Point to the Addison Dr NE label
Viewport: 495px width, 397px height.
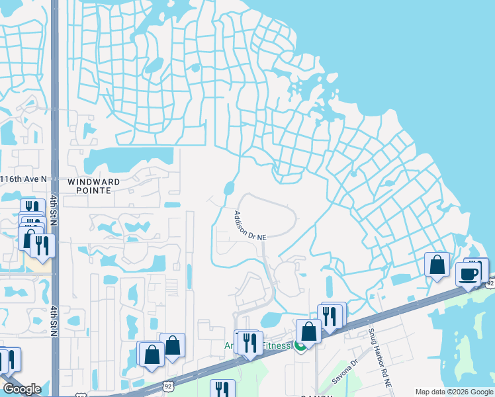tap(249, 226)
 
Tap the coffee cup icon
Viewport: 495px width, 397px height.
tap(469, 273)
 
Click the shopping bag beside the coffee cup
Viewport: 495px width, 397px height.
tap(437, 265)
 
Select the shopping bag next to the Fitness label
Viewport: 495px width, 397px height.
tap(308, 331)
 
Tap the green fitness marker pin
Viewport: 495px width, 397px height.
tap(300, 345)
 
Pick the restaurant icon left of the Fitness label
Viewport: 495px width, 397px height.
tap(249, 343)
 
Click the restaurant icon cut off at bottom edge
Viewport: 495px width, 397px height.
tap(222, 390)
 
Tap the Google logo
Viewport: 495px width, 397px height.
tap(21, 389)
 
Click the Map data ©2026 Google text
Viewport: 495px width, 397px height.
tap(454, 392)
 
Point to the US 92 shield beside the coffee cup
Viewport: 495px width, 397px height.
tap(490, 283)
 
